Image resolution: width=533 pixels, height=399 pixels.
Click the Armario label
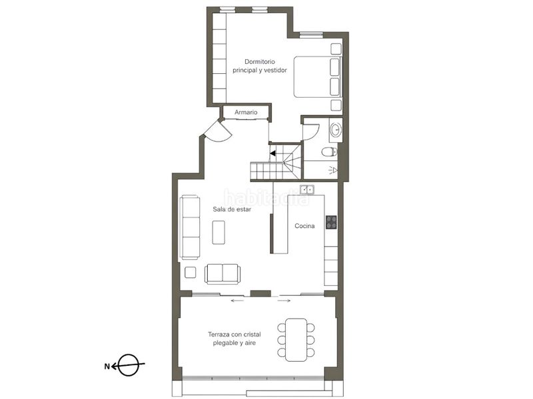tap(246, 112)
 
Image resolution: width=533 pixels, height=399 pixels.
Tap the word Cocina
tap(304, 226)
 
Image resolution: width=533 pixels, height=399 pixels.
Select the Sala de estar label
tap(232, 209)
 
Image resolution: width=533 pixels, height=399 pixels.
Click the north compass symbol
tap(128, 365)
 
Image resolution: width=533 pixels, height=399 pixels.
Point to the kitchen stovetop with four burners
tap(331, 222)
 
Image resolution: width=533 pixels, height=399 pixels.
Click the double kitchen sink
tap(307, 190)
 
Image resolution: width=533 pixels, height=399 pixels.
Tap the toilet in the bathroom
tap(329, 152)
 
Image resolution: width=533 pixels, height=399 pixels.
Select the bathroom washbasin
tap(336, 130)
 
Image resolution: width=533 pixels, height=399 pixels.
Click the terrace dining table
tap(296, 340)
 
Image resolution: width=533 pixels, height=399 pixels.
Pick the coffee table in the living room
tap(219, 232)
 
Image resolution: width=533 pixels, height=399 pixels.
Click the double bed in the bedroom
tap(317, 77)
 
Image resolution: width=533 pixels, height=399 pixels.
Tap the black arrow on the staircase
tap(273, 153)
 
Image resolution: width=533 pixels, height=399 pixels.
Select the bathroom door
tap(311, 132)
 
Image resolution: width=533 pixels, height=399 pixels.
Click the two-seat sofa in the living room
tap(223, 274)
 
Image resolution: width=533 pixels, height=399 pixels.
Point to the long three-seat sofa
tap(190, 227)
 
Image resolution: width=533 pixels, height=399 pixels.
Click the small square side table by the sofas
tap(191, 273)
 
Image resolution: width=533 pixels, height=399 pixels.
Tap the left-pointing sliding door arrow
tap(238, 301)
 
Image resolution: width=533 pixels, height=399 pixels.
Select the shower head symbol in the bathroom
tap(333, 170)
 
